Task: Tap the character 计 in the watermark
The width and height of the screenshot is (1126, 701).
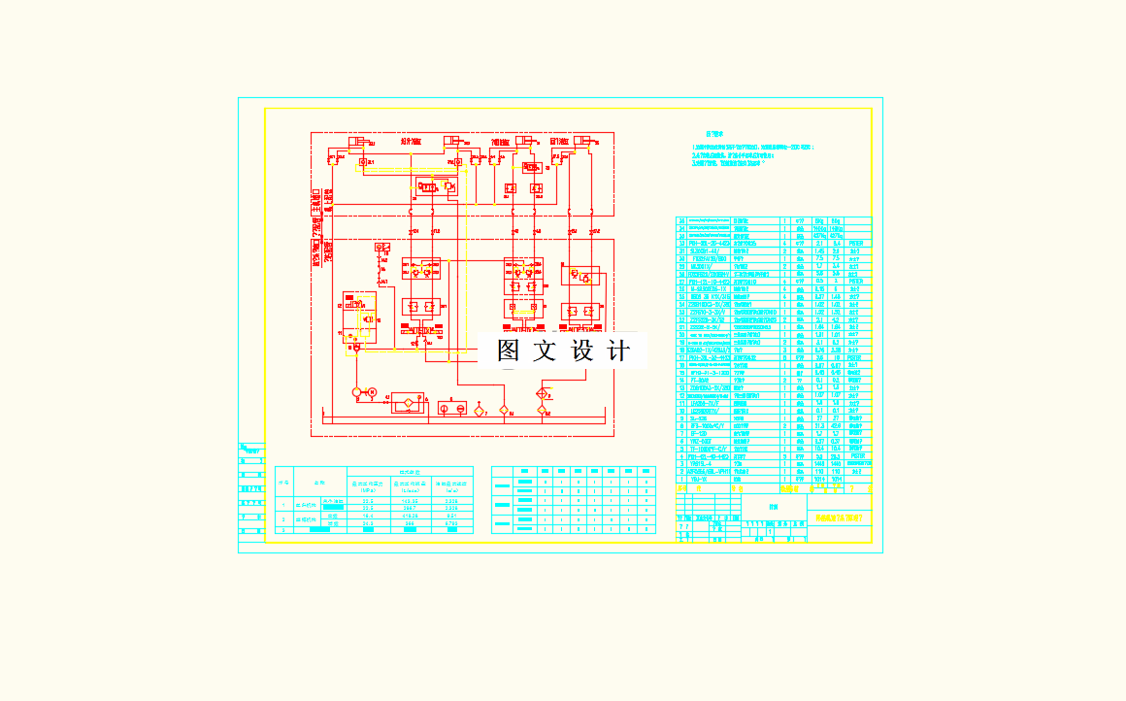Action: (618, 350)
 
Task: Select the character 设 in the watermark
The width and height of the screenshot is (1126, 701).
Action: (581, 350)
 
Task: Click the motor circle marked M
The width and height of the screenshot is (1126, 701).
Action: (372, 392)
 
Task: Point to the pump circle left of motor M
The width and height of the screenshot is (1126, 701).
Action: (356, 392)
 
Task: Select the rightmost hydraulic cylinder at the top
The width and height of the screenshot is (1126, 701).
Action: (583, 142)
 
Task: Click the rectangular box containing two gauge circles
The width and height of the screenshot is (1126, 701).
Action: (452, 409)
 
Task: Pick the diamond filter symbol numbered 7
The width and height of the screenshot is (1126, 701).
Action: (479, 412)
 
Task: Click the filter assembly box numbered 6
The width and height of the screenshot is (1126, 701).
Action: (408, 402)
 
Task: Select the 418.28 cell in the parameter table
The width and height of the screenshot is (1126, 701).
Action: (409, 516)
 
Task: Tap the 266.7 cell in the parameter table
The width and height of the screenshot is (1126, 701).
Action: (409, 508)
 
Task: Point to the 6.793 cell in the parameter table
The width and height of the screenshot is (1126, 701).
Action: (451, 523)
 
